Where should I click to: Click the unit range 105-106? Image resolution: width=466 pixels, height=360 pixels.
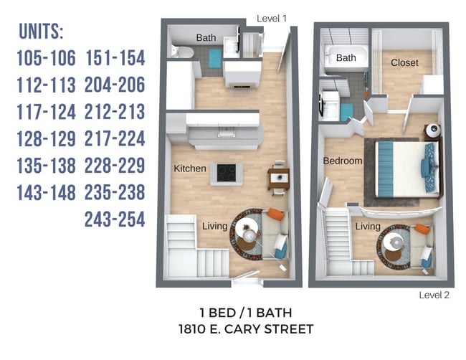click(47, 58)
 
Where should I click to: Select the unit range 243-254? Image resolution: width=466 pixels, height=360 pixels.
click(115, 219)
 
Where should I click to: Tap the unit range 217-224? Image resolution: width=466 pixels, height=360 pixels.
click(115, 138)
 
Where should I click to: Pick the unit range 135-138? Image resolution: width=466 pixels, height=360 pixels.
click(47, 166)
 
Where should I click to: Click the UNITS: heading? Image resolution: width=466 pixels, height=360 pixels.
click(41, 32)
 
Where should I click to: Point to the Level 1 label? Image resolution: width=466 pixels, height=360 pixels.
click(272, 19)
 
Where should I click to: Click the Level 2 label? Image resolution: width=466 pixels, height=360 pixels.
click(434, 295)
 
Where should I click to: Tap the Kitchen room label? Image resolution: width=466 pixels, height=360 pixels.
click(190, 169)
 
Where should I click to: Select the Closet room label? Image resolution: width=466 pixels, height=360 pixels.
click(404, 62)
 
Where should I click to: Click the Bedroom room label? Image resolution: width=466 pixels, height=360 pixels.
click(343, 161)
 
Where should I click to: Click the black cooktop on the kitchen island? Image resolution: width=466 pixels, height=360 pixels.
click(227, 173)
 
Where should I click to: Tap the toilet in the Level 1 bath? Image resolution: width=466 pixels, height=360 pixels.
click(182, 52)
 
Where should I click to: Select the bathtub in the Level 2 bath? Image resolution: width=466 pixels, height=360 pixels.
click(346, 57)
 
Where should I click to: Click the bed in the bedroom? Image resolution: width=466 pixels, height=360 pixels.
click(406, 169)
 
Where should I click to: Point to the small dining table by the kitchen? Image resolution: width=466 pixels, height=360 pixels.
click(279, 179)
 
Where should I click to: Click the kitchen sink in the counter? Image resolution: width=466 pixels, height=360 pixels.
click(227, 132)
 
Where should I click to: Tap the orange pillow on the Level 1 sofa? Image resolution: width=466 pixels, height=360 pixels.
click(276, 214)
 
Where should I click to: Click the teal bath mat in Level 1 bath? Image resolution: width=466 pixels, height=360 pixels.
click(215, 58)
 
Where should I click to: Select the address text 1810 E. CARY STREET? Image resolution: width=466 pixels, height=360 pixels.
click(246, 329)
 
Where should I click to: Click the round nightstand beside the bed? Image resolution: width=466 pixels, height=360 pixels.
click(433, 131)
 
